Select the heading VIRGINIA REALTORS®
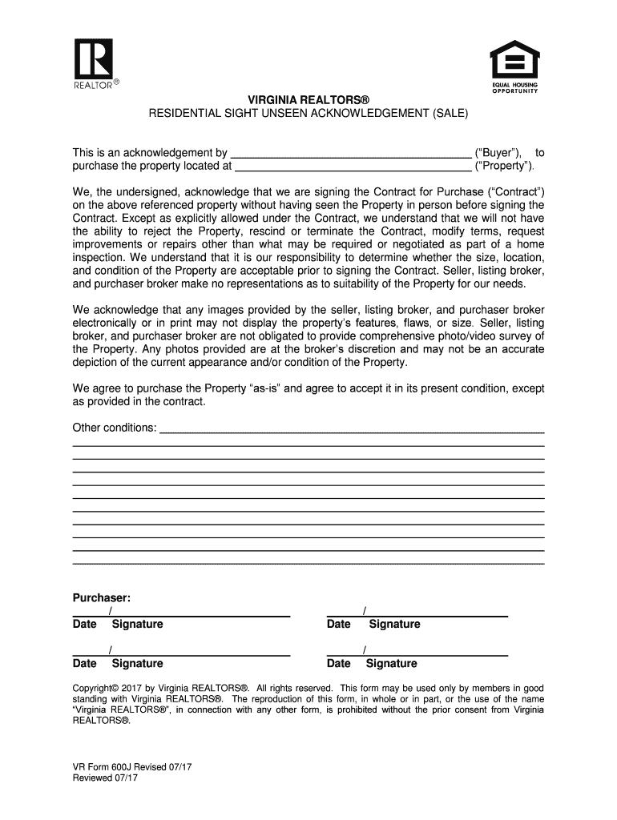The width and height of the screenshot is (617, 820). pyautogui.click(x=308, y=99)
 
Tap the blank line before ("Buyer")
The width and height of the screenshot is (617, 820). pyautogui.click(x=350, y=153)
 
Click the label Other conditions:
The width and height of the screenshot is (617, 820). pyautogui.click(x=115, y=428)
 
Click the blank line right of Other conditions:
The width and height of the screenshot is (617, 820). pyautogui.click(x=353, y=430)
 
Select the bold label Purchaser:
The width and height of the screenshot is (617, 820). pyautogui.click(x=102, y=598)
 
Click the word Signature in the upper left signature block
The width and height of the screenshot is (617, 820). pyautogui.click(x=137, y=624)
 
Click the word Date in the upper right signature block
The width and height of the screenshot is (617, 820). pyautogui.click(x=339, y=624)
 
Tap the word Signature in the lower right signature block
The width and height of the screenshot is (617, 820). pyautogui.click(x=391, y=663)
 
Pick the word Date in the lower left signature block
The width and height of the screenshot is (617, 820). pyautogui.click(x=85, y=663)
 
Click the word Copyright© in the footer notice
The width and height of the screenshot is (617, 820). pyautogui.click(x=95, y=688)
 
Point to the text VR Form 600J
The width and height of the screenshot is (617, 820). pyautogui.click(x=105, y=766)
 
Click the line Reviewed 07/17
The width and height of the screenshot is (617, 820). pyautogui.click(x=104, y=778)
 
